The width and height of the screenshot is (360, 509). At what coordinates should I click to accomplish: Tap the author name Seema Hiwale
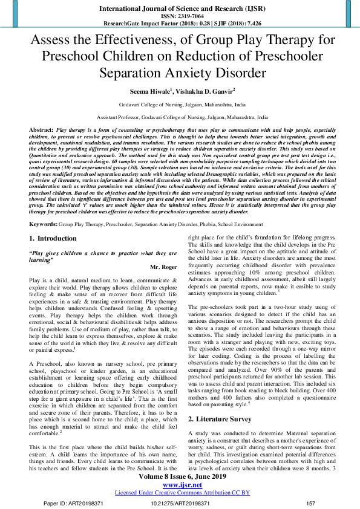point(148,91)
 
